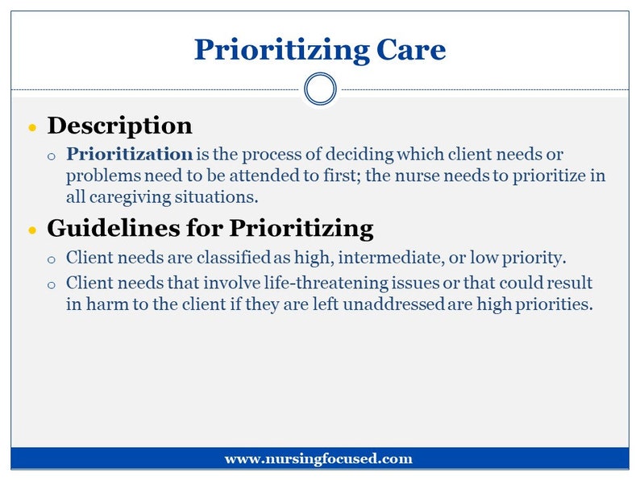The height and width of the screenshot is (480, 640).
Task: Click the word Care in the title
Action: click(x=410, y=49)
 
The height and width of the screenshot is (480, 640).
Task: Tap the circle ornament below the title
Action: click(x=320, y=89)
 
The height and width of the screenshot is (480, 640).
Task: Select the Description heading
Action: click(x=119, y=126)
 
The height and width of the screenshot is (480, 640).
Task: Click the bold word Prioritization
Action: click(x=129, y=154)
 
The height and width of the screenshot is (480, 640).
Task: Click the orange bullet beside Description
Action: click(x=32, y=127)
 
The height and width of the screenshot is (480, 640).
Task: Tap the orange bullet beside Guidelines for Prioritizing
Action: click(x=32, y=230)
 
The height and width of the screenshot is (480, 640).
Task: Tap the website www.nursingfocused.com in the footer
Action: click(x=318, y=459)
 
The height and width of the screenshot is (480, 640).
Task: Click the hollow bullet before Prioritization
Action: click(x=52, y=155)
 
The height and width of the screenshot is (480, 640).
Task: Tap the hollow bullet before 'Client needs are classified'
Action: click(x=52, y=259)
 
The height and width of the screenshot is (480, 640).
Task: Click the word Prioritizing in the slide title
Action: click(x=281, y=49)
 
